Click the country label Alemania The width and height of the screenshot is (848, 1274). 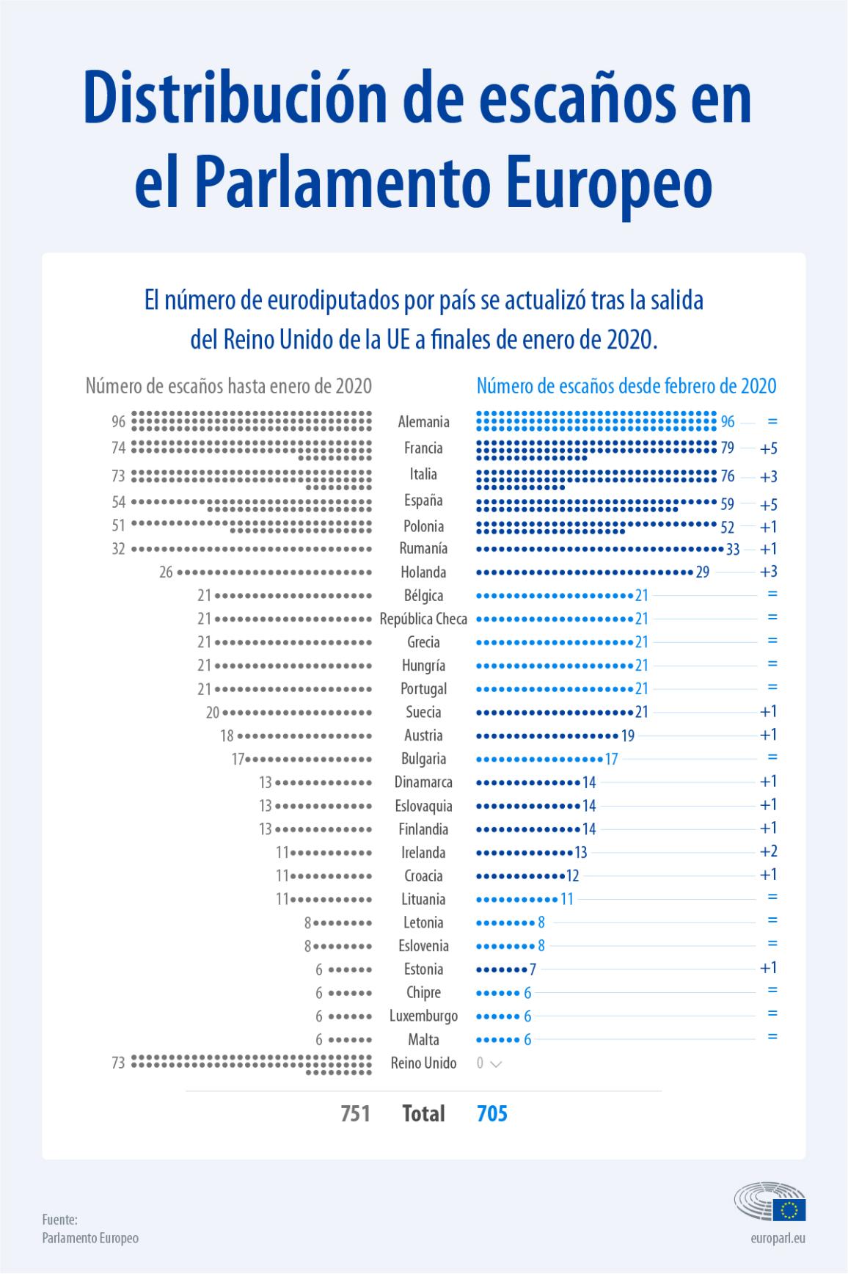coord(423,422)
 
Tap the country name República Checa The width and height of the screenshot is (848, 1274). coord(423,619)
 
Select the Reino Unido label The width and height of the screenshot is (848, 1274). coord(423,1063)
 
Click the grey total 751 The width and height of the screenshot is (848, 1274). coord(355,1113)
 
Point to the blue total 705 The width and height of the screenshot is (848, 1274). coord(492,1113)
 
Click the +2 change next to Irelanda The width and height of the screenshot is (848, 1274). coord(769,851)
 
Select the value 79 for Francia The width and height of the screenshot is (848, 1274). coord(727,448)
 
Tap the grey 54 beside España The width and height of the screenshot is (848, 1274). coord(119,503)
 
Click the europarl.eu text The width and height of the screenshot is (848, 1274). coord(778,1238)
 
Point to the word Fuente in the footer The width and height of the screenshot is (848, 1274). coord(59,1219)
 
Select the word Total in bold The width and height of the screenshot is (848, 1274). coord(423,1113)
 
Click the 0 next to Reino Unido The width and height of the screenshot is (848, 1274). coord(480,1063)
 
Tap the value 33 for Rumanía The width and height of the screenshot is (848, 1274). coord(732,549)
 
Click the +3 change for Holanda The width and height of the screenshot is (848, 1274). coord(769,572)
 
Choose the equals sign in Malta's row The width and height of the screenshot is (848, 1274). coord(772,1038)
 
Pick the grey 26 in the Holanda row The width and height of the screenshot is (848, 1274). coord(167,572)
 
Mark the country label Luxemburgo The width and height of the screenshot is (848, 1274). coord(423,1016)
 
